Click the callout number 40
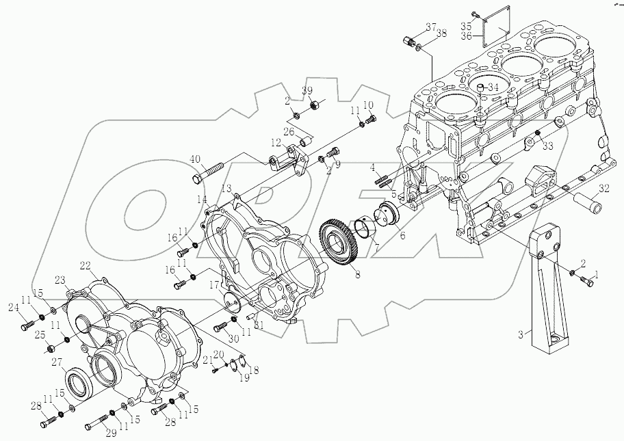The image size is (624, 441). point(196,159)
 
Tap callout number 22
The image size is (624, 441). point(85,265)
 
